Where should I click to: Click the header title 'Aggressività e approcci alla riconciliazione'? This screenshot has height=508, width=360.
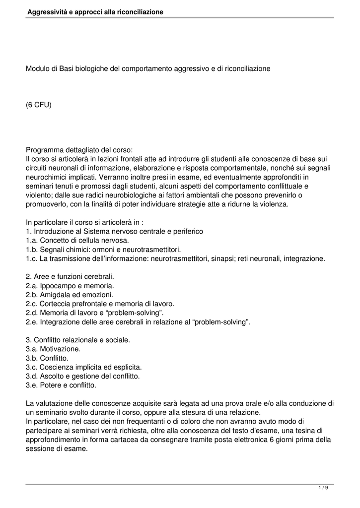coord(95,11)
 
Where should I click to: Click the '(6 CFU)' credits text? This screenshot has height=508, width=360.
coord(39,105)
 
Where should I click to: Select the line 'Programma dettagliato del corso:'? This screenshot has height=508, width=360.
coord(79,150)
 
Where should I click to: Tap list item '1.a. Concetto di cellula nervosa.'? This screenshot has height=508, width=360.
coord(77,240)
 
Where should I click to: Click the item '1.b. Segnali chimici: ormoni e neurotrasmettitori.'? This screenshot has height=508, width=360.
coord(103,249)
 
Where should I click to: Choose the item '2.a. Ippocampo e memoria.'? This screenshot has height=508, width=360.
coord(70,285)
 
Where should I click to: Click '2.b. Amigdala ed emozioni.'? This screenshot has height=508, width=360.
coord(70,294)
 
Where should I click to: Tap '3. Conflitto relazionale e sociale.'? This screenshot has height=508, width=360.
coord(78,340)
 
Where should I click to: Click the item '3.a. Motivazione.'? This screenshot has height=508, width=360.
coord(53,349)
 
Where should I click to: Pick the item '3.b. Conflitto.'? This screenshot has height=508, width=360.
coord(47,358)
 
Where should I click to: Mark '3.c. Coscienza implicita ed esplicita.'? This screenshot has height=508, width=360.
coord(84,367)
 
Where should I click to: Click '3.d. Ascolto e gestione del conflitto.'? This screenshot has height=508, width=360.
coord(82,376)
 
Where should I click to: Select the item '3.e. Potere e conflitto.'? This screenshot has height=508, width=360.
coord(61,385)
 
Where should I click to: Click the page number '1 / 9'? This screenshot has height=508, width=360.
coord(323,488)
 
